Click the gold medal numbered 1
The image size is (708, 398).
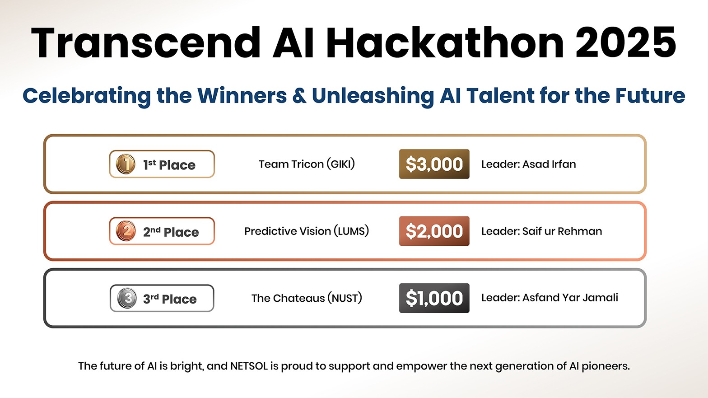point(126,164)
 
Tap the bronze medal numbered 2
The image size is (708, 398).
point(126,231)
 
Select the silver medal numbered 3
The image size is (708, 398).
point(127,298)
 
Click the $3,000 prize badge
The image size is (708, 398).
point(434,164)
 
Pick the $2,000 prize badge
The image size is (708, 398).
point(434,231)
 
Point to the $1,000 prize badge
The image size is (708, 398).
point(434,298)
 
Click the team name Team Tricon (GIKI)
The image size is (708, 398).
point(307,164)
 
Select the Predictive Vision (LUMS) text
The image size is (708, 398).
point(307,231)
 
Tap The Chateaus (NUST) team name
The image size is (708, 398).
point(307,298)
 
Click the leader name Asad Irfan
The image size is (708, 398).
point(549,164)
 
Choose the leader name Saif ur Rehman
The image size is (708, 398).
point(562,231)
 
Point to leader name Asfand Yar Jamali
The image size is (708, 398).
point(570,297)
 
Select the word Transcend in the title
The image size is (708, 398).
point(145,42)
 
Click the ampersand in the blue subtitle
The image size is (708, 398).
point(299,95)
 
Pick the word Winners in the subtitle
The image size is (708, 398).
point(242,95)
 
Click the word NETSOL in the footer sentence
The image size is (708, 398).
point(249,366)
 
